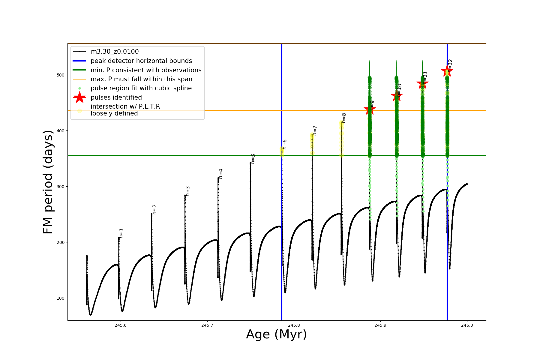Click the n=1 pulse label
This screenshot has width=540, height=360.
121,233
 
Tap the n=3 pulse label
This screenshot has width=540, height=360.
188,191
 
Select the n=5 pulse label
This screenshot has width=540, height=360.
253,159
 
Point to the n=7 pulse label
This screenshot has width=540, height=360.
315,130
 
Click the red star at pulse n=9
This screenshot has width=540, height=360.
370,110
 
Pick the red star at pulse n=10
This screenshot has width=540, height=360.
397,96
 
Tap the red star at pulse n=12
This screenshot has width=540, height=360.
447,71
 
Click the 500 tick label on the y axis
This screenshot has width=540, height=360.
60,75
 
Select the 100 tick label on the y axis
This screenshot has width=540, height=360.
60,298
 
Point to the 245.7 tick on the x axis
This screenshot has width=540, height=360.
207,325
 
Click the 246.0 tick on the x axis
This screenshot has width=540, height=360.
467,325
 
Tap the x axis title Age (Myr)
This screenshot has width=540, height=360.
276,334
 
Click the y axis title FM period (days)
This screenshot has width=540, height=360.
48,182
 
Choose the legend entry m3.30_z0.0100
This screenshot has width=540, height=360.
115,52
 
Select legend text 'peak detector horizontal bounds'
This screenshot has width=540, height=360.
141,61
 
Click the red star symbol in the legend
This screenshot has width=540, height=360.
79,97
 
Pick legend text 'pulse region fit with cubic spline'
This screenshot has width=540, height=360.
141,88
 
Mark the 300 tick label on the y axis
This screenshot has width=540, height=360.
60,187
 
